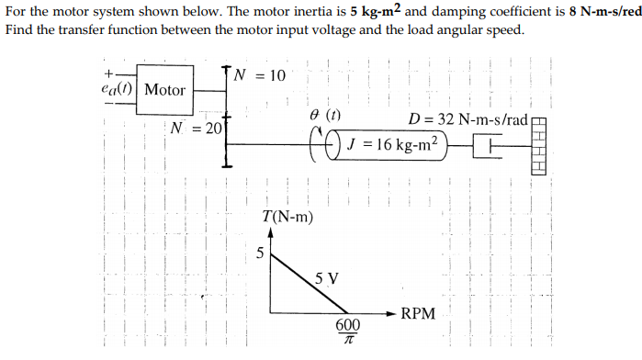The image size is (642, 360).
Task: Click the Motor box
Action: click(x=165, y=90)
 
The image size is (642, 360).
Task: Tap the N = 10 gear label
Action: click(x=260, y=74)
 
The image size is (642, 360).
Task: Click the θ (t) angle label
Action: click(x=325, y=118)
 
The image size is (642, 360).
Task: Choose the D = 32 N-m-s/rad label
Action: click(x=468, y=120)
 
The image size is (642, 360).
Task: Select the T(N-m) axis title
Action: click(x=287, y=218)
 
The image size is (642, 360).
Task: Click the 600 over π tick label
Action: click(x=347, y=332)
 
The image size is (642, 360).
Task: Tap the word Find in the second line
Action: click(x=19, y=29)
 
